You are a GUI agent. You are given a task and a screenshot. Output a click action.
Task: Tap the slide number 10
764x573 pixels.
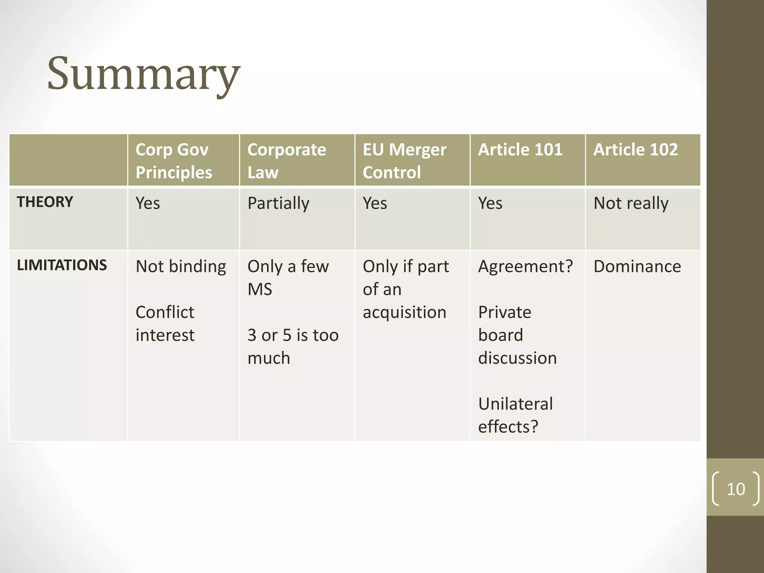click(736, 489)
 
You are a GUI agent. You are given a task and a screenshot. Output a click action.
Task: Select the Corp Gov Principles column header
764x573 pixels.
click(173, 161)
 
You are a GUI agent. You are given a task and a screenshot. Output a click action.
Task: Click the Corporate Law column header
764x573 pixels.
click(286, 161)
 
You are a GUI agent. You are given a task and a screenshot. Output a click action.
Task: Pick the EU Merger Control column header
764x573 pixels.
click(404, 161)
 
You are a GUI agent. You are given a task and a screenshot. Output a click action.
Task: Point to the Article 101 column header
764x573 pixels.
click(520, 150)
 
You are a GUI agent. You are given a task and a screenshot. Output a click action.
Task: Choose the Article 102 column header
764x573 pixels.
click(635, 150)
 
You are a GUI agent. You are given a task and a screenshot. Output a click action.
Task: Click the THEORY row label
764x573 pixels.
click(45, 202)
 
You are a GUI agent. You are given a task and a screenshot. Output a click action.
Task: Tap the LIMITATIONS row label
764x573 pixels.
click(62, 265)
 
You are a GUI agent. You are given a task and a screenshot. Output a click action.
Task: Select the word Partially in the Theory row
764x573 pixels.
click(278, 204)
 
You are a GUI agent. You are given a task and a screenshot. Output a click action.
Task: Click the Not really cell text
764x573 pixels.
click(631, 204)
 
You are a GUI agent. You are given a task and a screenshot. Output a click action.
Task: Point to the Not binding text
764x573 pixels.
click(181, 267)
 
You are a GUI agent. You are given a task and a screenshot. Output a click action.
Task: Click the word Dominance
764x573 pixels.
click(637, 267)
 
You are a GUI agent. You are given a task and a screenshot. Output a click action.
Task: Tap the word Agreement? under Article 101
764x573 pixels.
click(525, 267)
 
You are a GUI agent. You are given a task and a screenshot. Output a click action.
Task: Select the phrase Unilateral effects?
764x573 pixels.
click(515, 415)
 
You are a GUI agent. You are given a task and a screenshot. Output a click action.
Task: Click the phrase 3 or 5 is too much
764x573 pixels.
click(293, 347)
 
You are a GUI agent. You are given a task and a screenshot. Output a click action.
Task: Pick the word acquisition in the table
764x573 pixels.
click(404, 313)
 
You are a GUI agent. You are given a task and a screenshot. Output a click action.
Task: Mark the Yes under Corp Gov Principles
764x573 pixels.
click(148, 204)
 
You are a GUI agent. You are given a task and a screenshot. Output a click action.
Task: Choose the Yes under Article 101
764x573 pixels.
click(490, 204)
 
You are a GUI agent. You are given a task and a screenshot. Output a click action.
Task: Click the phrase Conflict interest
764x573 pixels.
click(165, 323)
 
